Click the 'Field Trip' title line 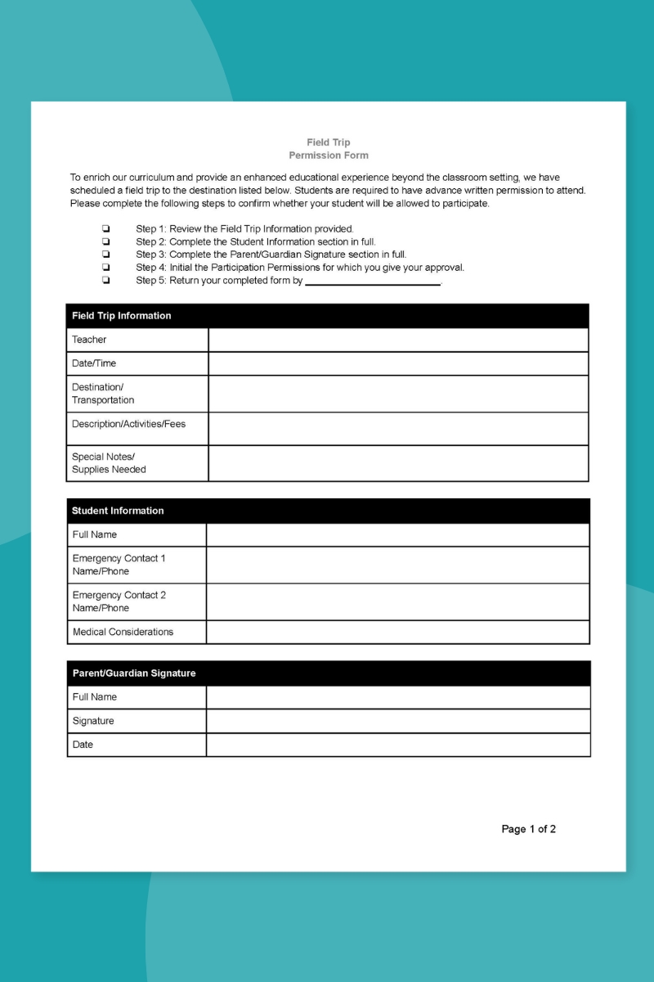point(329,142)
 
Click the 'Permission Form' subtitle point(329,155)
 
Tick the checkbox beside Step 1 point(106,229)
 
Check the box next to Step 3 point(106,255)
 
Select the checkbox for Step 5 point(106,281)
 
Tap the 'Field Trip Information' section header point(122,316)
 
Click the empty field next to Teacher point(398,340)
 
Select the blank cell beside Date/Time point(398,363)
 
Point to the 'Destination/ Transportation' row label point(103,394)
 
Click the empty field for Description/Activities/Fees point(398,429)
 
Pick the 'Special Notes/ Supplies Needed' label point(109,463)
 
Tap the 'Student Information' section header point(118,511)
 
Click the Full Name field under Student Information point(397,534)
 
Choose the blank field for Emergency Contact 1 point(397,565)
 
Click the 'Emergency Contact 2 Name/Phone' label point(119,601)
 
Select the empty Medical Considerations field point(397,632)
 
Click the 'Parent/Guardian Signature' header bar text point(134,673)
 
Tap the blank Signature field point(397,721)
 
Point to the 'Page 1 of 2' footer point(528,829)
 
